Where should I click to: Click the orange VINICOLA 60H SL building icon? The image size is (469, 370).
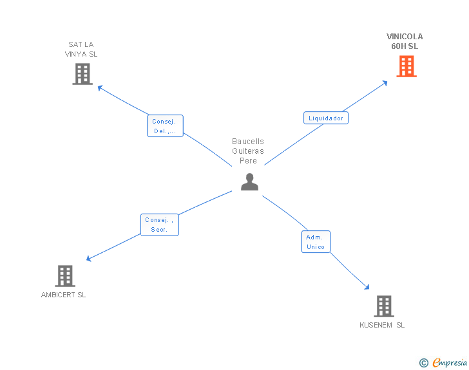406,66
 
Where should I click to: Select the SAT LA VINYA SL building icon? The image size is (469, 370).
82,74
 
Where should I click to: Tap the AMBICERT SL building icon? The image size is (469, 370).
64,276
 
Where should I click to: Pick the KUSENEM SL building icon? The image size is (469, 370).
383,306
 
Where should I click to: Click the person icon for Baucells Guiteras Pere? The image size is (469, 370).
249,182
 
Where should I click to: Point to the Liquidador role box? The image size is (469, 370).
325,118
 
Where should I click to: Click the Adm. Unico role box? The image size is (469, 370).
316,242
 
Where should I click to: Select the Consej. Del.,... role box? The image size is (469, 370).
165,126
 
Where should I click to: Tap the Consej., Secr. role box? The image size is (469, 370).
159,225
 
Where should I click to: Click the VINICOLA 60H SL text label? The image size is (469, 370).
405,41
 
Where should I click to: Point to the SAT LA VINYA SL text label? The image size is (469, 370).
81,50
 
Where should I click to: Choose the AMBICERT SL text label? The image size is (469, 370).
63,295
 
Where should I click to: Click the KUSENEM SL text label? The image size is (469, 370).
382,325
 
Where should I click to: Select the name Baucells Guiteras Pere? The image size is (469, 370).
248,151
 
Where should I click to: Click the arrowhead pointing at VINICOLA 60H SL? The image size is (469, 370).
385,82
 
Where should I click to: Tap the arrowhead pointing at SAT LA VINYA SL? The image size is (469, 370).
100,87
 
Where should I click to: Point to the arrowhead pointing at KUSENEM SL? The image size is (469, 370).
367,288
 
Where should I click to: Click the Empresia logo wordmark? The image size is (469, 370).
450,363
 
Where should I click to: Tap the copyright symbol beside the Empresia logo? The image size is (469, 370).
423,364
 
